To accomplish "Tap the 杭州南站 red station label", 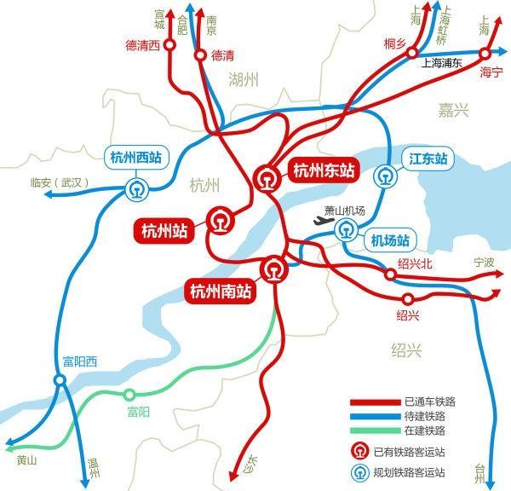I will point(220,292).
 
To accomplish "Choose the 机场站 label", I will point(390,240).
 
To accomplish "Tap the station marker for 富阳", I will point(129,395).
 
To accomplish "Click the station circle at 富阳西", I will point(59,381).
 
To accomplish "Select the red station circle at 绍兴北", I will point(392,275).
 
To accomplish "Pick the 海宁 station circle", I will point(486,53).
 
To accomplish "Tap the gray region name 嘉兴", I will point(450,109).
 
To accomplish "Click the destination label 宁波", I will point(483,264).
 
